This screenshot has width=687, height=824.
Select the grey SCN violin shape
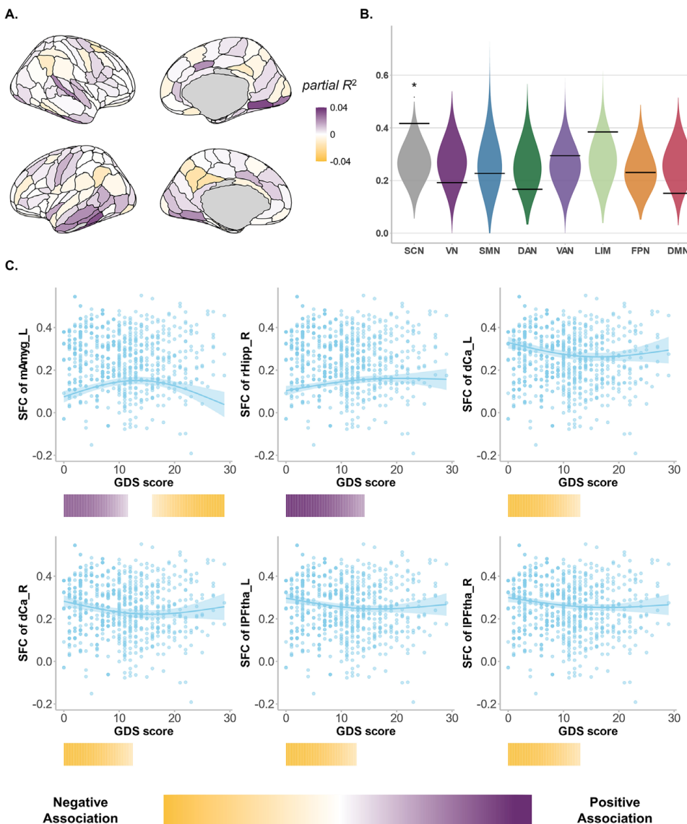pyautogui.click(x=414, y=159)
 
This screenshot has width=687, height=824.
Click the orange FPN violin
pyautogui.click(x=639, y=173)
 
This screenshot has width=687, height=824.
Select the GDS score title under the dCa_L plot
pyautogui.click(x=589, y=482)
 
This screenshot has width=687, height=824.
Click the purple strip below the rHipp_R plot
pyautogui.click(x=326, y=506)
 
